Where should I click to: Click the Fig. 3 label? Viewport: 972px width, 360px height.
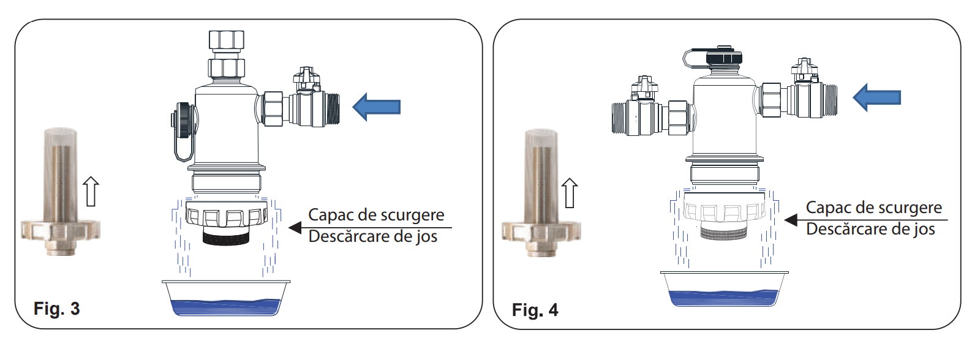click(x=57, y=309)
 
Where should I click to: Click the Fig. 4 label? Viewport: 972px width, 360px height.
click(x=535, y=310)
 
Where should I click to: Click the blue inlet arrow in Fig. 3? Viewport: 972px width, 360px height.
click(x=376, y=107)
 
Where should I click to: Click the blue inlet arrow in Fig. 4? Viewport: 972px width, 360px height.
click(x=876, y=97)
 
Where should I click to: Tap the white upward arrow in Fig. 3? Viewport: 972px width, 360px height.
click(x=91, y=191)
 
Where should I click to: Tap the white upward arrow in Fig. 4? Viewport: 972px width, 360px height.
click(x=570, y=193)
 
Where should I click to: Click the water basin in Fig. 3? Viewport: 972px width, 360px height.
click(x=226, y=298)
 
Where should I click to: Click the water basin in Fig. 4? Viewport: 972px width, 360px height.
click(x=724, y=289)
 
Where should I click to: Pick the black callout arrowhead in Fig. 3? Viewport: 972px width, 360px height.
click(x=295, y=227)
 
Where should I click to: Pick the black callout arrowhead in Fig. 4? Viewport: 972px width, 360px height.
click(x=791, y=220)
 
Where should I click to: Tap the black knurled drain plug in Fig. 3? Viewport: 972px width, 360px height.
click(x=226, y=238)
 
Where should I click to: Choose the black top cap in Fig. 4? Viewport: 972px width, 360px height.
click(x=724, y=57)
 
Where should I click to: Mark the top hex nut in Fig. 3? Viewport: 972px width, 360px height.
click(x=226, y=39)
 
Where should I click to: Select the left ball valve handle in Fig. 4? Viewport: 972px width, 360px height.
click(x=644, y=86)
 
